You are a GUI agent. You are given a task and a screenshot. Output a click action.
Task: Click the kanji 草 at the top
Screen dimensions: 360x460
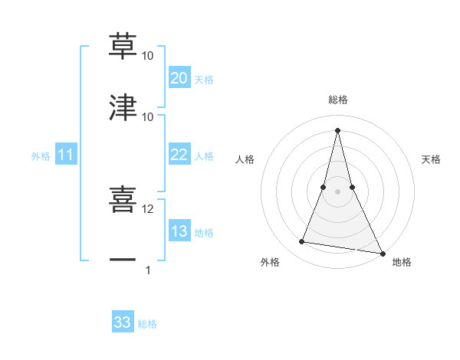click(123, 46)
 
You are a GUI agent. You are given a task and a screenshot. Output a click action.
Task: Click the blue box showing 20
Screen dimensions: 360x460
click(179, 78)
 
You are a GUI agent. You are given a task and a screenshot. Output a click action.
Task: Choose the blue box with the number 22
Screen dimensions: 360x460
click(179, 155)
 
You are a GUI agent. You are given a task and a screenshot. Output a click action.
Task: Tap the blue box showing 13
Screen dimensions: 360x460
click(179, 232)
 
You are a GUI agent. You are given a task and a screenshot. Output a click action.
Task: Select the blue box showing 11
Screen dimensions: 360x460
click(66, 155)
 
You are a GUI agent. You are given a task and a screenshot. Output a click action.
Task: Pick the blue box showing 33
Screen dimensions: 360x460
click(123, 322)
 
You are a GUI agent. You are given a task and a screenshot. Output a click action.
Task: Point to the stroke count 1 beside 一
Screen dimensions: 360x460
click(148, 270)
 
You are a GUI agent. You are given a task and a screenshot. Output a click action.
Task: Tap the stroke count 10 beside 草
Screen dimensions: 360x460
click(148, 56)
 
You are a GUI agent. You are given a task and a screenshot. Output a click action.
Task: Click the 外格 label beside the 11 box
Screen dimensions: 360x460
click(41, 156)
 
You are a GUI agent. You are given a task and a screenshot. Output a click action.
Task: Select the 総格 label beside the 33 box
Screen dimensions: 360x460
click(147, 324)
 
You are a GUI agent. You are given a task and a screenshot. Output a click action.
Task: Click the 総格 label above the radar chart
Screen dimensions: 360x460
click(338, 100)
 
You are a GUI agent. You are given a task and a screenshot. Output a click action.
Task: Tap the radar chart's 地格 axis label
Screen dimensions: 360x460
click(402, 263)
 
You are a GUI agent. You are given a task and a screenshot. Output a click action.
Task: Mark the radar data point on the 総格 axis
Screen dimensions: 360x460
click(338, 129)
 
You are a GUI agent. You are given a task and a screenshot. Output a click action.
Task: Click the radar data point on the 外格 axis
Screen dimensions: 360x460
click(302, 242)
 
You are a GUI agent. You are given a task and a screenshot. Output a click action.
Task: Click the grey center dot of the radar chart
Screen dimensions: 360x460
click(338, 191)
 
